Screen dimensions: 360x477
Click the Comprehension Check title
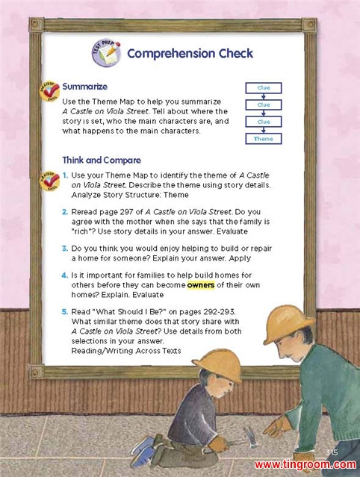(x=190, y=54)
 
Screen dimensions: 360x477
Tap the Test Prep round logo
(x=106, y=53)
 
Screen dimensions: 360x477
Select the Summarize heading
(x=84, y=87)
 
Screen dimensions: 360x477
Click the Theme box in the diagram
(x=264, y=139)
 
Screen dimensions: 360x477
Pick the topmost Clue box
(x=264, y=87)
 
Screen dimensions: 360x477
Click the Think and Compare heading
(x=102, y=160)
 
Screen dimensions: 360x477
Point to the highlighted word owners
(x=201, y=285)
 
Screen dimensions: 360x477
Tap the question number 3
(x=64, y=249)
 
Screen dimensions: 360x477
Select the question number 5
(x=64, y=311)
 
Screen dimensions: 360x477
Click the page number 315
(x=332, y=452)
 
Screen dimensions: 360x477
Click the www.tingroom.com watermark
(x=305, y=465)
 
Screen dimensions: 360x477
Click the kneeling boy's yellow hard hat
(x=219, y=364)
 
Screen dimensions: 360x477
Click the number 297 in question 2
(x=127, y=212)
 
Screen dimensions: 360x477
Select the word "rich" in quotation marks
(x=81, y=231)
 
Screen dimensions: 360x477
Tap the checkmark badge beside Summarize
(x=49, y=91)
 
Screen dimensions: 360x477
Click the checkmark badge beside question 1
(x=49, y=181)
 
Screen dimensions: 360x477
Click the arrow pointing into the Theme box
(x=264, y=130)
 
